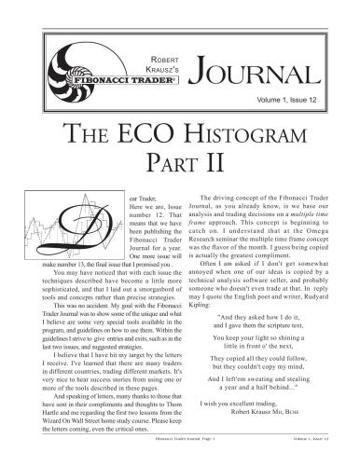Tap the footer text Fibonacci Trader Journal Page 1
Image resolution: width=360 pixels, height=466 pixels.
(x=180, y=458)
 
